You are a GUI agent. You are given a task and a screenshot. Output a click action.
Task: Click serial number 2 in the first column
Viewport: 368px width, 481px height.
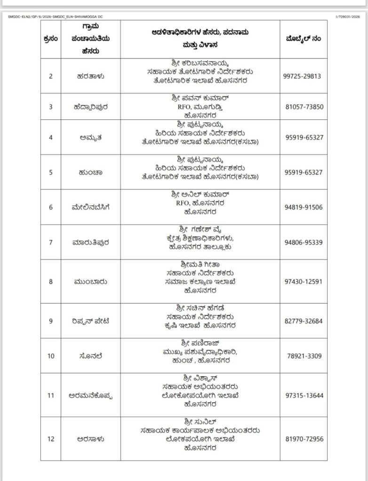(51, 76)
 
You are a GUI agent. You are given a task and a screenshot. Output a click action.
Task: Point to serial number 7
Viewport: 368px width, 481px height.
(51, 242)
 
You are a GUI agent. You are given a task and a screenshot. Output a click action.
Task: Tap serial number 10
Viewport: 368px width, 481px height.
(51, 356)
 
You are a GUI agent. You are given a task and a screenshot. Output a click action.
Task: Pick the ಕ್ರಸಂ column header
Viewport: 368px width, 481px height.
(51, 39)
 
